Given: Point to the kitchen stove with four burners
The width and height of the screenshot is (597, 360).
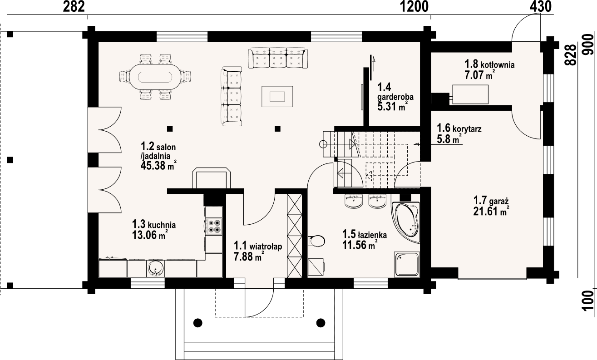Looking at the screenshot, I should (214, 226).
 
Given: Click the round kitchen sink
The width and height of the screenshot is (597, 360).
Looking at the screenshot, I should (155, 268).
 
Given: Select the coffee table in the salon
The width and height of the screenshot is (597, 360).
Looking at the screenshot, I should (277, 96).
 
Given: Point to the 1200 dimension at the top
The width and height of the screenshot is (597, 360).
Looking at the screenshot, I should (414, 6).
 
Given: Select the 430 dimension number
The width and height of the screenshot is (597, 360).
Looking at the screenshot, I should (540, 6).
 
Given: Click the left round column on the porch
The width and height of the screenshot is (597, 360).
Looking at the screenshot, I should (197, 323).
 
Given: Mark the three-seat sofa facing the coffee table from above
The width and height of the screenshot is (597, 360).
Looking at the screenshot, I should (278, 58).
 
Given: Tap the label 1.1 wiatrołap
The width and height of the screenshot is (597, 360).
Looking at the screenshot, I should (258, 247).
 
